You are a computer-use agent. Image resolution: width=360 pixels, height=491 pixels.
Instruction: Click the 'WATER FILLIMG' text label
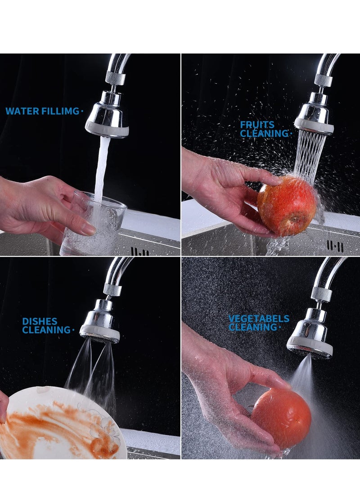(x=42, y=111)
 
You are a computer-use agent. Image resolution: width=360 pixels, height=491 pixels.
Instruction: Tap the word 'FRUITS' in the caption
(x=257, y=125)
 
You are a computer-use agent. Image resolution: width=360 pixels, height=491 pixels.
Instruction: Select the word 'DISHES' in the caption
(x=40, y=321)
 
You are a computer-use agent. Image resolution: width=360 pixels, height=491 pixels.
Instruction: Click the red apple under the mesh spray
(x=287, y=206)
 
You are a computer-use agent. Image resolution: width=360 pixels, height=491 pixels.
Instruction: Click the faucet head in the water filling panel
(x=107, y=118)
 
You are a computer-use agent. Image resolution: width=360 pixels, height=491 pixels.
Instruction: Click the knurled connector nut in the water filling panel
(x=116, y=78)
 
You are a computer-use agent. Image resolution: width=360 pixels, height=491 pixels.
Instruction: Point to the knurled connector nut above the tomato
(x=321, y=294)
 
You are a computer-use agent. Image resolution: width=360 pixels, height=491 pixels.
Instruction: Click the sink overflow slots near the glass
(x=140, y=251)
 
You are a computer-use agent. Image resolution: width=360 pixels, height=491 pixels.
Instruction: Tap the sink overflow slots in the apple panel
(x=335, y=246)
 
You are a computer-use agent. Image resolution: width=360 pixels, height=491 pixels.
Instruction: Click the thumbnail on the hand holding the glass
(x=88, y=230)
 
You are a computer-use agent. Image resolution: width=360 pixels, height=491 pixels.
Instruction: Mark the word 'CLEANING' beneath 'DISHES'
(x=46, y=330)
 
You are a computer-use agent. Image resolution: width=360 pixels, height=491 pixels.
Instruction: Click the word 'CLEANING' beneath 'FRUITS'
(x=264, y=134)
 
